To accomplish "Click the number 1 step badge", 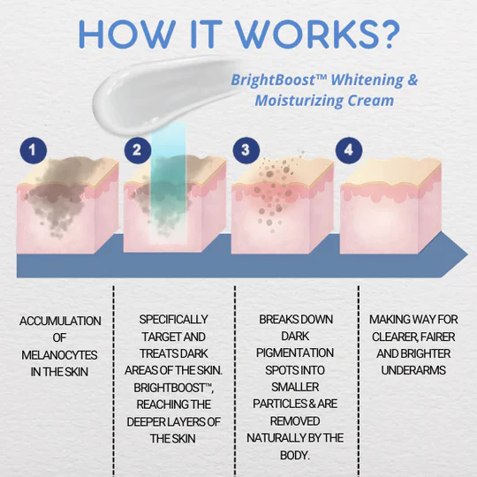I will click(34, 150).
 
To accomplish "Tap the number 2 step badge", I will click(136, 150).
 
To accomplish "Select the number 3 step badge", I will click(246, 150).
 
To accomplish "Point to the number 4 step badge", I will click(349, 150).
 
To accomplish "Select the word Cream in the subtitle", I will click(369, 100).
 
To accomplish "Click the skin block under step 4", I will click(389, 212).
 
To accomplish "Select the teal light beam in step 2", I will click(167, 177).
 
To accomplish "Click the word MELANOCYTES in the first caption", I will click(60, 355).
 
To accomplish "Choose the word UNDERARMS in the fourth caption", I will click(414, 370).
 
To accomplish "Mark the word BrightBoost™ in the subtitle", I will click(276, 80).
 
